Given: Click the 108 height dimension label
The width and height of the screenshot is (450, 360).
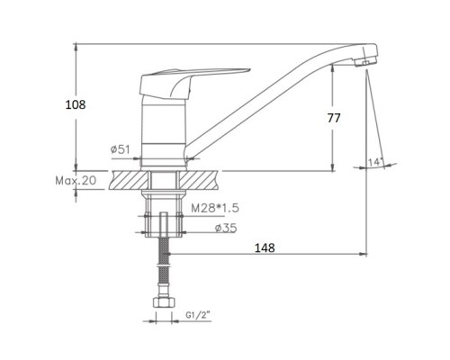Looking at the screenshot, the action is point(76,104).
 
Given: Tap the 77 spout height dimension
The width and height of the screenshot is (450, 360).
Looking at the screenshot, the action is point(334,118).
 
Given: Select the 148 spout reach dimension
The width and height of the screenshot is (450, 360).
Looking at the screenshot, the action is point(265,247).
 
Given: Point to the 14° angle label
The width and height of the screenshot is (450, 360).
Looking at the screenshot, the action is point(375,162).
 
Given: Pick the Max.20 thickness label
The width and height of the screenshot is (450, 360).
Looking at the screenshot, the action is point(76,180).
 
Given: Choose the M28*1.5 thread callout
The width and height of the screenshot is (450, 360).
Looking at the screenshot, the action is point(215,208).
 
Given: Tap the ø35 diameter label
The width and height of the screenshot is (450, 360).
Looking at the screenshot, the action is point(226,229).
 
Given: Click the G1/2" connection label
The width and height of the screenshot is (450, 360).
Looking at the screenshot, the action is point(198,315).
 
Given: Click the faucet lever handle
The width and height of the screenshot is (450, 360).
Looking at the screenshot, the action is point(180,83).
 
